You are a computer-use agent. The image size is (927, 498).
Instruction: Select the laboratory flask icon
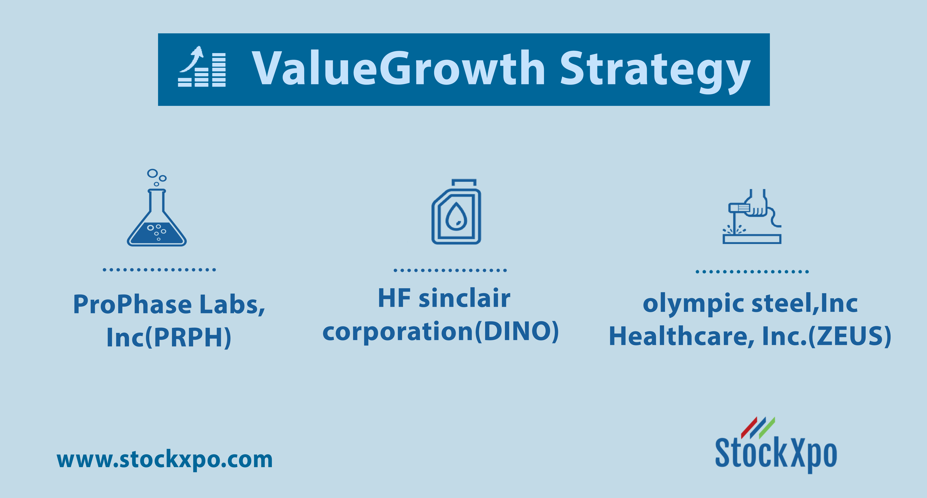(x=157, y=207)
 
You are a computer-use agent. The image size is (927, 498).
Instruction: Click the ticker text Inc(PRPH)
(x=169, y=337)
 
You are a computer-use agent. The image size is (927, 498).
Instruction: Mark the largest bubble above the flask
(x=152, y=173)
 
